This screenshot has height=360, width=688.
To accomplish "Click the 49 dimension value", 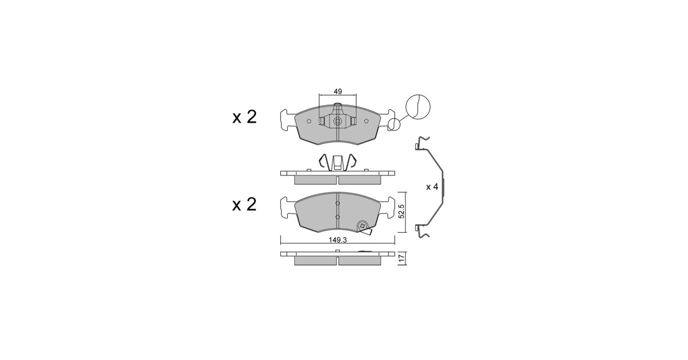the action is tap(338, 91).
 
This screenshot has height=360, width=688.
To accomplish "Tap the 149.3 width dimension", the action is tap(338, 240).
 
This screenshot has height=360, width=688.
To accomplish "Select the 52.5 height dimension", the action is tap(402, 212).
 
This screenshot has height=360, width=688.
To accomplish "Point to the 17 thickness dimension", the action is tap(402, 259).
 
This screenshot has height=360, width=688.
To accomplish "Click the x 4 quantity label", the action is tap(432, 186).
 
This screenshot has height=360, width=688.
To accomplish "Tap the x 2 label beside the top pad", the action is tap(244, 117).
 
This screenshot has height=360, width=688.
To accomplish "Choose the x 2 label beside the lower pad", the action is tap(244, 204).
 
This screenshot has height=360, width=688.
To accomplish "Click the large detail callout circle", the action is tap(418, 107).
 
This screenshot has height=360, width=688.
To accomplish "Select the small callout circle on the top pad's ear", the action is tap(394, 125).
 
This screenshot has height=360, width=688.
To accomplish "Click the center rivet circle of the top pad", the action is tap(338, 122).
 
